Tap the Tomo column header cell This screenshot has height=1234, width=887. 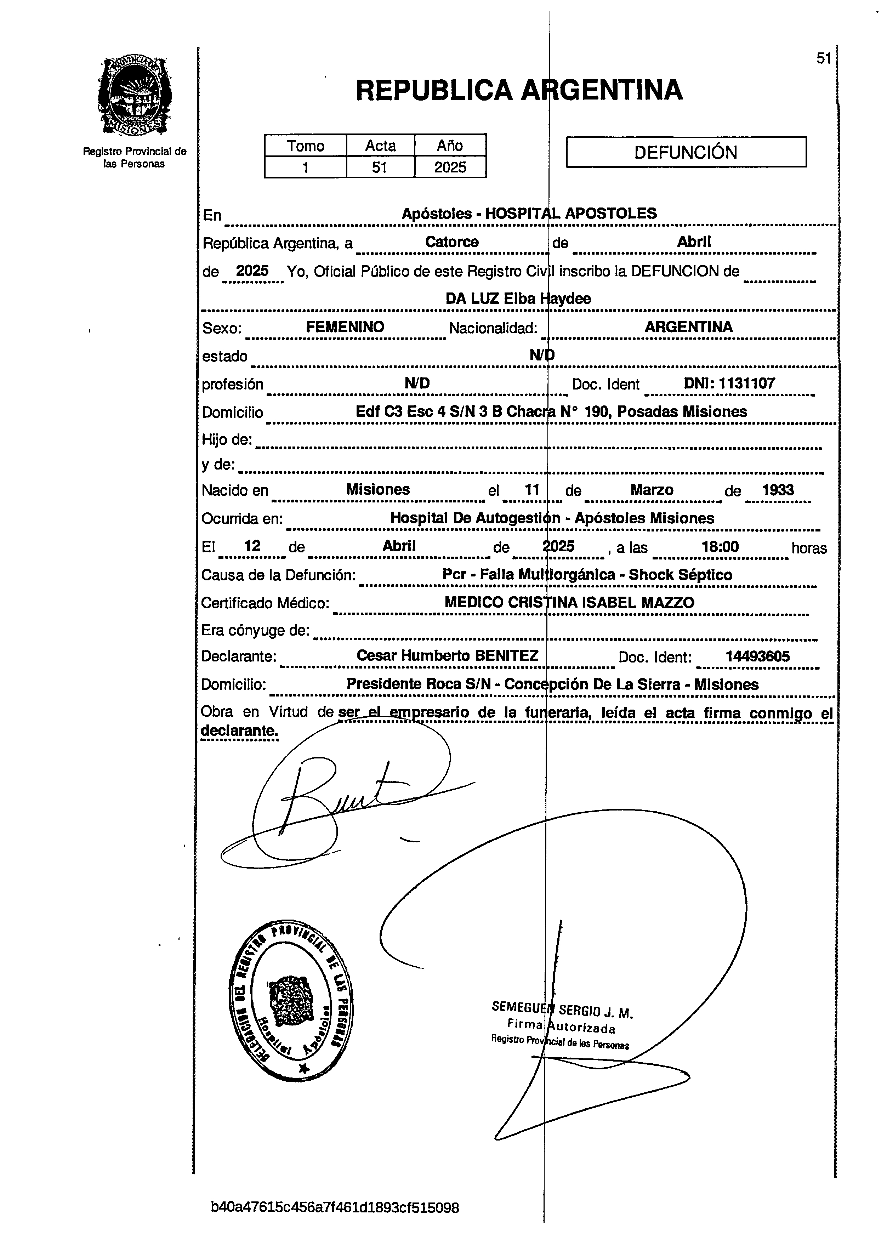[x=305, y=146]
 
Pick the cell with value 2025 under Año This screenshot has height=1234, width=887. [x=450, y=167]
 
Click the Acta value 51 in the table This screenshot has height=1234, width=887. [x=380, y=167]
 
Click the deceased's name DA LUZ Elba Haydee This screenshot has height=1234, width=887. [x=518, y=298]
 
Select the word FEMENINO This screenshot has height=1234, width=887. [x=345, y=327]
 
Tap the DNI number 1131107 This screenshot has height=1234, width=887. [x=747, y=383]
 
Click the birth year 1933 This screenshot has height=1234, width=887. [x=778, y=490]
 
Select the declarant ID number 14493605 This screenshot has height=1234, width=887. [x=757, y=656]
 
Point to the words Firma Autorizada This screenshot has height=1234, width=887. [x=561, y=1026]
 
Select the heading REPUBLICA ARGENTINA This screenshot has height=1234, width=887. [x=519, y=90]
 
